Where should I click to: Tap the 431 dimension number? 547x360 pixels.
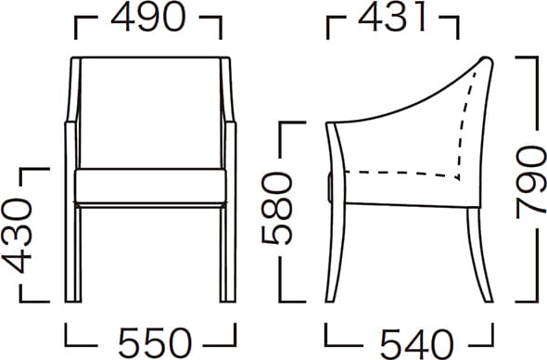coord(392,17)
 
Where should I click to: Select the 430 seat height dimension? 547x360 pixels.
coord(17,236)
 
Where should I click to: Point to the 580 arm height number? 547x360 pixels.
coord(276,209)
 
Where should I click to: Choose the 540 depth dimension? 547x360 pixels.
coord(416,343)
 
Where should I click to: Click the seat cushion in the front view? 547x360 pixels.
coord(150,186)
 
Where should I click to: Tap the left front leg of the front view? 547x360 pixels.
coord(73,253)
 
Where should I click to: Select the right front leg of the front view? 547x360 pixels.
coord(228,253)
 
